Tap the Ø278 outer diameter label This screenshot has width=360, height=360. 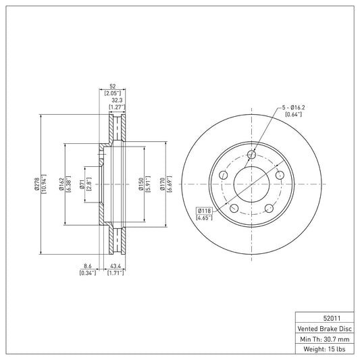click(x=37, y=184)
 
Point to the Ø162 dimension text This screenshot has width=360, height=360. click(x=61, y=184)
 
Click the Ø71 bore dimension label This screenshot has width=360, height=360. click(x=81, y=184)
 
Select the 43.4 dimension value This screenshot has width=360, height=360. click(x=116, y=266)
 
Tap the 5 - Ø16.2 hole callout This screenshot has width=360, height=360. click(x=294, y=107)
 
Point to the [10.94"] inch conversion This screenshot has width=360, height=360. click(x=45, y=184)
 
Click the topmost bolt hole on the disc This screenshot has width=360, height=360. click(x=251, y=155)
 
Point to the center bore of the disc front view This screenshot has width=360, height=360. click(x=251, y=184)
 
